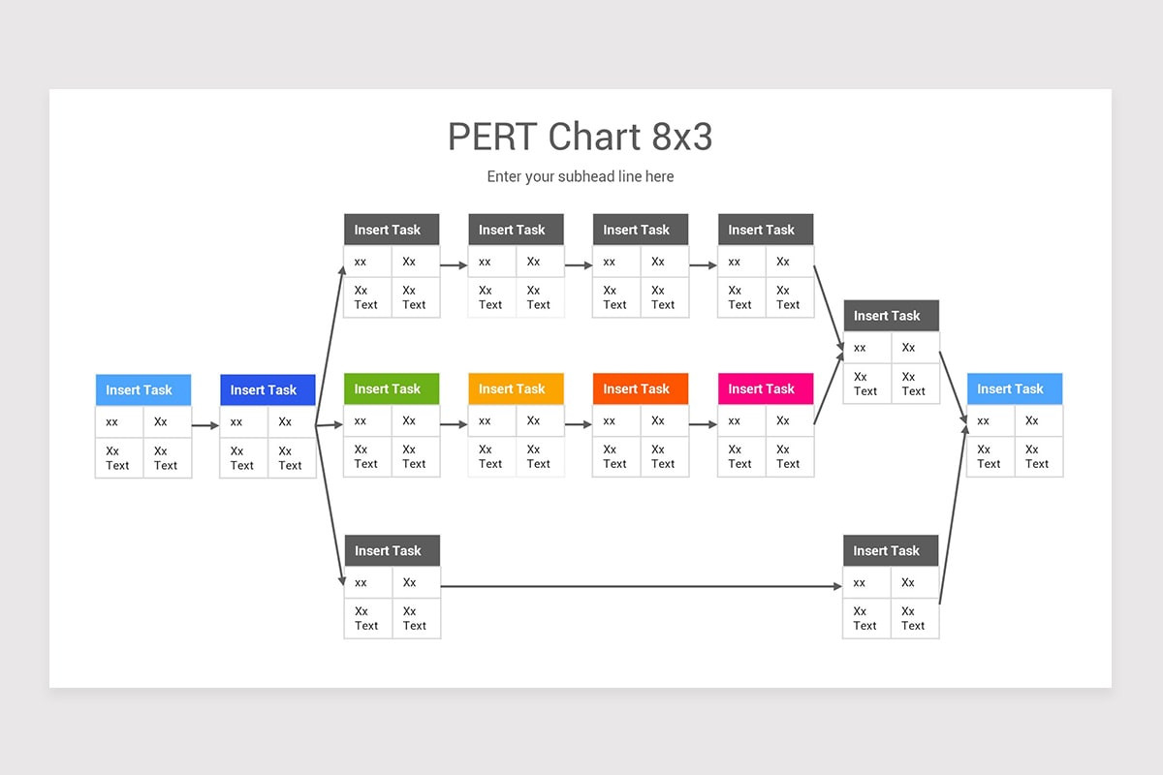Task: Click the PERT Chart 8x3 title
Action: (580, 137)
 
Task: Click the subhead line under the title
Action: (580, 176)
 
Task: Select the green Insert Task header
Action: (392, 388)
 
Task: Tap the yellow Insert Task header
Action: (516, 388)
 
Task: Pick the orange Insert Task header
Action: (641, 388)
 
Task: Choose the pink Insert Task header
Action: (766, 388)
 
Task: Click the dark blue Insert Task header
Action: (267, 389)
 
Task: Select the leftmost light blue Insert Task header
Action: (142, 389)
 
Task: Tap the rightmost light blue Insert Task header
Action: (1015, 388)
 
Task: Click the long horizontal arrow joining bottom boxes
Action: (640, 586)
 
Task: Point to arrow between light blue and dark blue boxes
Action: (205, 424)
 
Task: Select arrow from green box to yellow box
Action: (454, 424)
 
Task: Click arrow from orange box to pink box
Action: (703, 424)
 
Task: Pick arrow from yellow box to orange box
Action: (579, 424)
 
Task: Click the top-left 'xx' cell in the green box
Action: (367, 420)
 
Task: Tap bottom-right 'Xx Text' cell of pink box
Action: (790, 456)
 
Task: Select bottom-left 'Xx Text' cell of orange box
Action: (616, 456)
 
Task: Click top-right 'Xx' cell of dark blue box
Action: (292, 421)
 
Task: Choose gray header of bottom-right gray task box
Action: (891, 550)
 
